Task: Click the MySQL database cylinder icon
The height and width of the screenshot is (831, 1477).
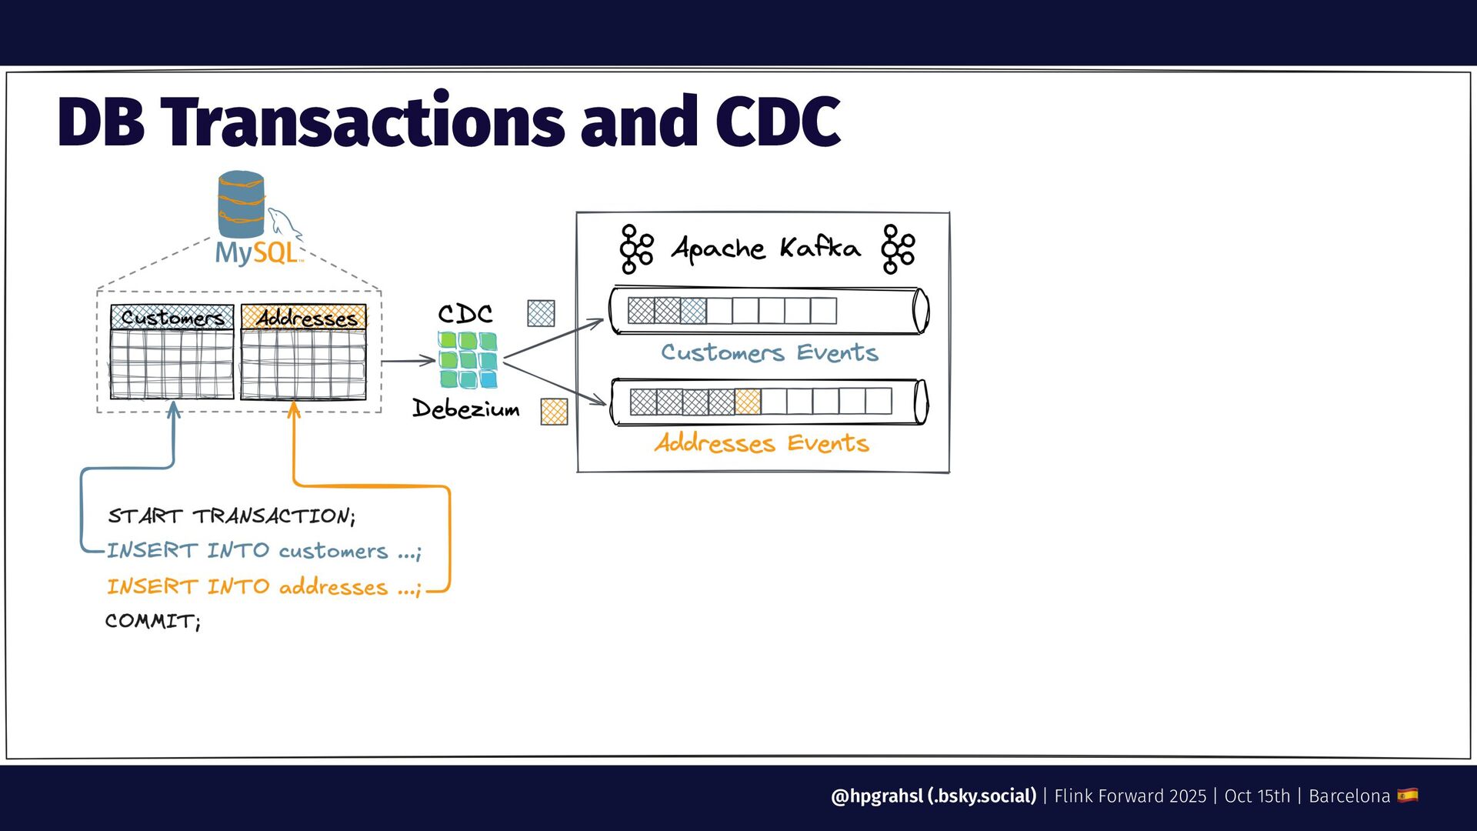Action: [241, 204]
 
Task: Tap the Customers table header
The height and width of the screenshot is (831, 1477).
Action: [172, 317]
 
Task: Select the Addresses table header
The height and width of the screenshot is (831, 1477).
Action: [304, 317]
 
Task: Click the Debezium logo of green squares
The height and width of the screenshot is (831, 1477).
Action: [468, 359]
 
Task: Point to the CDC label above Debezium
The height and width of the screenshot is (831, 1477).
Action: [465, 313]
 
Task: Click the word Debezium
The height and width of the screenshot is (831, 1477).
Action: [465, 409]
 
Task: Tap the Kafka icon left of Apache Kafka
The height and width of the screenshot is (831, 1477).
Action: [636, 249]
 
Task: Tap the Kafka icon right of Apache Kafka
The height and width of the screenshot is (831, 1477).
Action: [898, 249]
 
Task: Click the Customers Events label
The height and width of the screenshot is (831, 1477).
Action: [769, 352]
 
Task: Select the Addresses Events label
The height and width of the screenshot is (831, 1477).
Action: [762, 443]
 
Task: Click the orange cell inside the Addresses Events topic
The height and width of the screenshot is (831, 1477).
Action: [748, 402]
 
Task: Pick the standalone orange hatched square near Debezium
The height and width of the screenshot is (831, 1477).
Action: [554, 412]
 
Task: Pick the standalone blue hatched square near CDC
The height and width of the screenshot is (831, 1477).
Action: [541, 313]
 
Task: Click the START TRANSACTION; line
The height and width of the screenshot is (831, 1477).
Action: [232, 516]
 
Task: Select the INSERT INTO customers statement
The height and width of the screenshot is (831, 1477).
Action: [264, 551]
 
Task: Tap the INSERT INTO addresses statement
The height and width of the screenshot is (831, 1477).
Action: [264, 587]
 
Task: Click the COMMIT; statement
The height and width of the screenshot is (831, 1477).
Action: [153, 621]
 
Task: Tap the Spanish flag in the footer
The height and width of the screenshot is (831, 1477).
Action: [1408, 795]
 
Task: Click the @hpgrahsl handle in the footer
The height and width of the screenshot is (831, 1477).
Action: [877, 796]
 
